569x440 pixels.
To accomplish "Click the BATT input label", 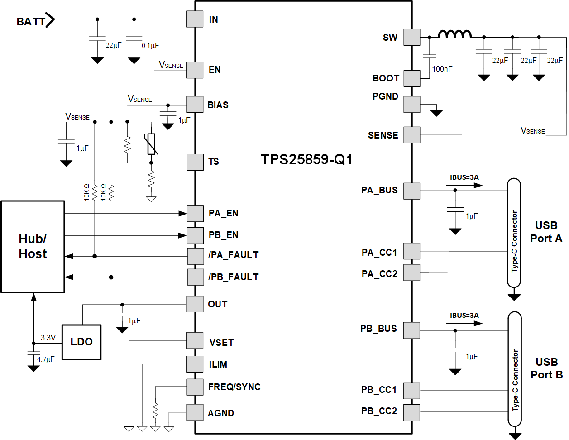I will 31,21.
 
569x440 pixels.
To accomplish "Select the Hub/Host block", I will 33,247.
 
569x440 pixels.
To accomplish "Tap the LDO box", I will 81,342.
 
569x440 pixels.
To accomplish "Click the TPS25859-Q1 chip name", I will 306,160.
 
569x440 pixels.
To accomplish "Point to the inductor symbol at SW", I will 454,34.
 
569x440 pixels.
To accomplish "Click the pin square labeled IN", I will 195,19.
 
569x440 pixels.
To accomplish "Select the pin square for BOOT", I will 412,78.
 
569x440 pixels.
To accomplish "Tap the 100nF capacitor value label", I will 442,69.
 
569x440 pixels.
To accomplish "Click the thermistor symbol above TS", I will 151,144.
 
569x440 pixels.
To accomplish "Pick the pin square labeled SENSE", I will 412,135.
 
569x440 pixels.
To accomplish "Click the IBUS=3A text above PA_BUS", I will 464,177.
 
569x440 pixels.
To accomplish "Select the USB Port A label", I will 546,232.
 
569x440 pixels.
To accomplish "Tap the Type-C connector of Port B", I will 515,369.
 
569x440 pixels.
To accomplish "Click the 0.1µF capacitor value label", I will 150,46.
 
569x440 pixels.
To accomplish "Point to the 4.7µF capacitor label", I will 46,359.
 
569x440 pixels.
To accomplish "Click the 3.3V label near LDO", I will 48,338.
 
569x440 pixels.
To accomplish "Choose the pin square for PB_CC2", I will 412,412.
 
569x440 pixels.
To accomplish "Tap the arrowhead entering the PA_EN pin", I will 183,213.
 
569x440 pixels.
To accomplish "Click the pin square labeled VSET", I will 195,340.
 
